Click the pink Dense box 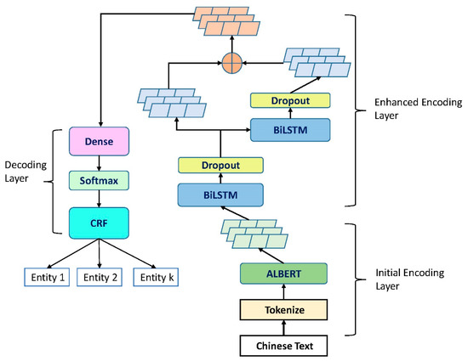point(100,135)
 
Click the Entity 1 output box point(44,278)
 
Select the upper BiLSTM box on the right point(291,128)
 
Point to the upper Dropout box point(291,100)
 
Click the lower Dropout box point(220,166)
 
